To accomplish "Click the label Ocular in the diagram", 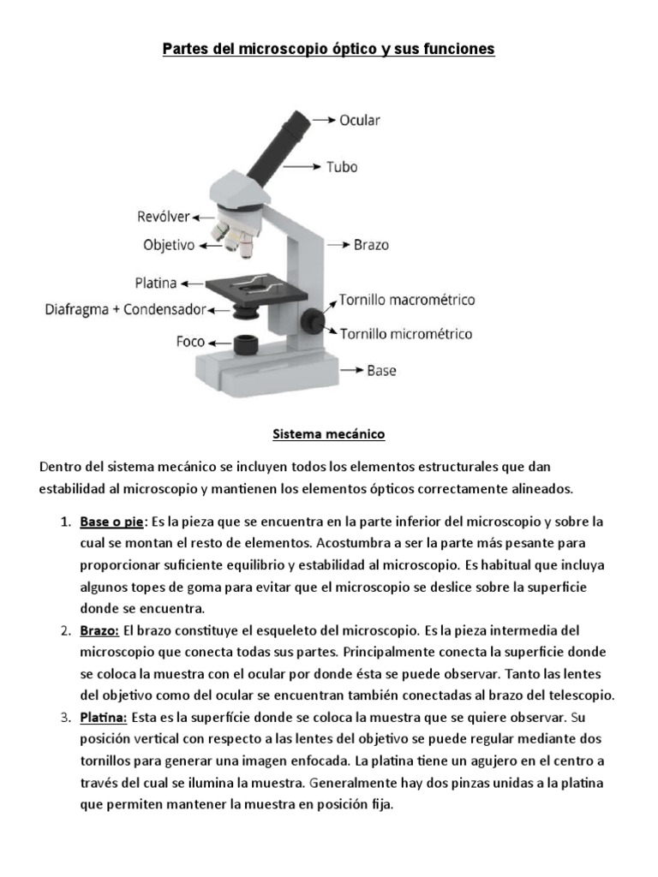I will point(360,120).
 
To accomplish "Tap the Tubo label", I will point(342,166).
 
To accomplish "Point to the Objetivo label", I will point(169,245).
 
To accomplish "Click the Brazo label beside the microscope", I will point(371,245).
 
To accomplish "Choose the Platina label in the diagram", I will point(155,282).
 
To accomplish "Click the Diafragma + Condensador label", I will point(125,308).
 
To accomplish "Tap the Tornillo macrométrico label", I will point(406,301).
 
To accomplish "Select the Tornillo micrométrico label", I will point(405,333).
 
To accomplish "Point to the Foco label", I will point(190,341).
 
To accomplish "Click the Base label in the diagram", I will point(381,371).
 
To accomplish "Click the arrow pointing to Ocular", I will point(323,120).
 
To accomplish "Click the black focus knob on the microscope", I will point(313,319).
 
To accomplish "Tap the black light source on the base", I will point(246,344).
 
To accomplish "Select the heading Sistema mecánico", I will point(329,434).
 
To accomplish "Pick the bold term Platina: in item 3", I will point(104,717).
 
